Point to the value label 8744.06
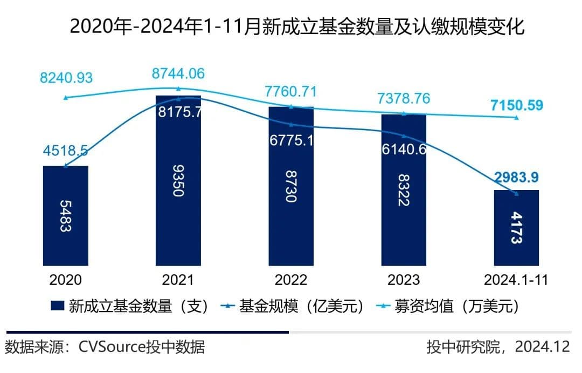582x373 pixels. (178, 74)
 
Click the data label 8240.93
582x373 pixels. (66, 77)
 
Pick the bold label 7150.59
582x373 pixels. (516, 105)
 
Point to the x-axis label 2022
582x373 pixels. (291, 280)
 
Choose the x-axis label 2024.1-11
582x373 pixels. (516, 280)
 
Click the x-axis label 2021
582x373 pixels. (178, 280)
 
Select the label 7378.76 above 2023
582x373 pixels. (404, 99)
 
